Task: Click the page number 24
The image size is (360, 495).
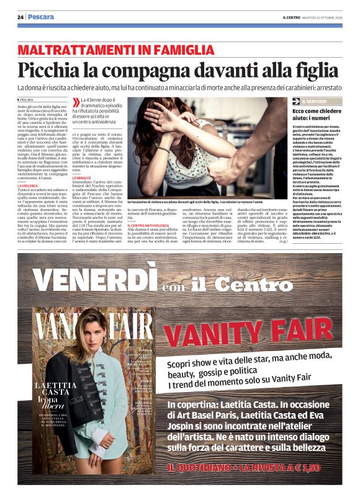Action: click(20, 17)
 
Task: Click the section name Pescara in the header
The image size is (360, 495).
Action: click(41, 17)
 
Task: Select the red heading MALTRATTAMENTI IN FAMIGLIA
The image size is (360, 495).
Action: click(115, 50)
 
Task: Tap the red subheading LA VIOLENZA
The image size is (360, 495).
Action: click(27, 185)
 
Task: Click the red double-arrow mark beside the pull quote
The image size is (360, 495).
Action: click(76, 101)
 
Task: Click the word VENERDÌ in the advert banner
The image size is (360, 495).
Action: click(92, 280)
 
